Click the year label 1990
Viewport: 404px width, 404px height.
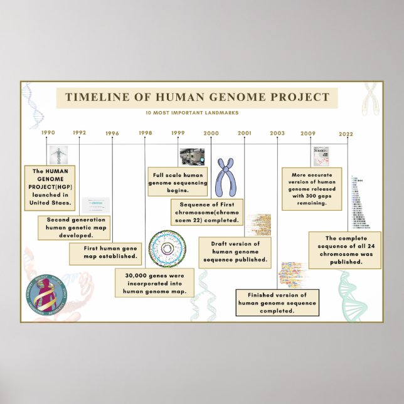(48, 132)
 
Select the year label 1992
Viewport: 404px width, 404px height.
(80, 132)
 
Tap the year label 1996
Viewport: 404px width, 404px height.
(112, 133)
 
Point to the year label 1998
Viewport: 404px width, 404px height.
(146, 133)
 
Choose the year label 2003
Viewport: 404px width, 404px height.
(277, 133)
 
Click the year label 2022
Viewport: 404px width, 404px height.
(346, 134)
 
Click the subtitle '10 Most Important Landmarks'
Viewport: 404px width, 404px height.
(196, 113)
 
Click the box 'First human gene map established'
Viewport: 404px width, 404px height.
(105, 253)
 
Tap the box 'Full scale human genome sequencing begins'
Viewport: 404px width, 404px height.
(178, 178)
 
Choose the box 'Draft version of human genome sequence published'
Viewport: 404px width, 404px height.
(235, 252)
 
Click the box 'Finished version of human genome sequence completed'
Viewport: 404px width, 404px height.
(277, 302)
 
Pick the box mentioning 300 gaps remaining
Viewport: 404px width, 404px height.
(312, 189)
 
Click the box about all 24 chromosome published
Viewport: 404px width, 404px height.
(344, 250)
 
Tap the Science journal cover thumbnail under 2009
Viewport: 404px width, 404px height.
(321, 155)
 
